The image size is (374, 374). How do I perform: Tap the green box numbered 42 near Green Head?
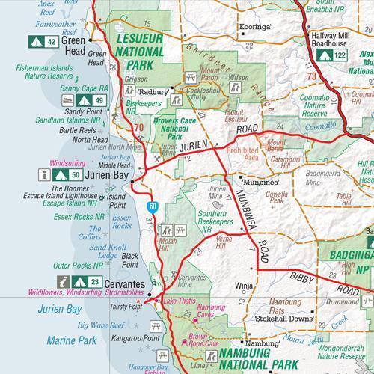tap(52, 42)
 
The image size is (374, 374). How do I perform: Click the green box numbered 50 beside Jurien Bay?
tap(75, 174)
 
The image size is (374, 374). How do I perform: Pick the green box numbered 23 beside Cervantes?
tap(94, 281)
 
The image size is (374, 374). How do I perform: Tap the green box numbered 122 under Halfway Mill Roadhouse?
tap(340, 55)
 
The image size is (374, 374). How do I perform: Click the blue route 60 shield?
tap(152, 205)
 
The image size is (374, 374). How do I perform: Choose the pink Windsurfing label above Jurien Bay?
tap(70, 162)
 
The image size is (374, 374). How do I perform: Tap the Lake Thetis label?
tap(180, 301)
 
